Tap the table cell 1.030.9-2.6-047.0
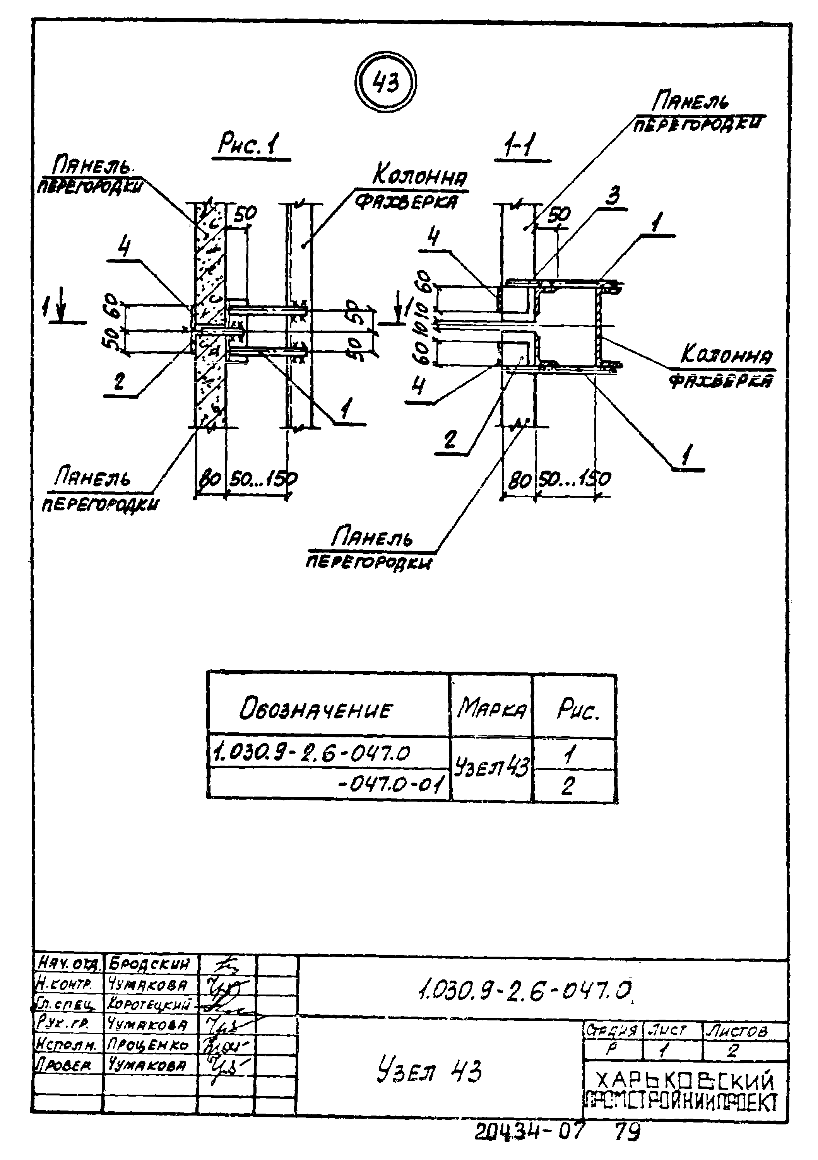click(x=311, y=753)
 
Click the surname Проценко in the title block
click(x=148, y=1044)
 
